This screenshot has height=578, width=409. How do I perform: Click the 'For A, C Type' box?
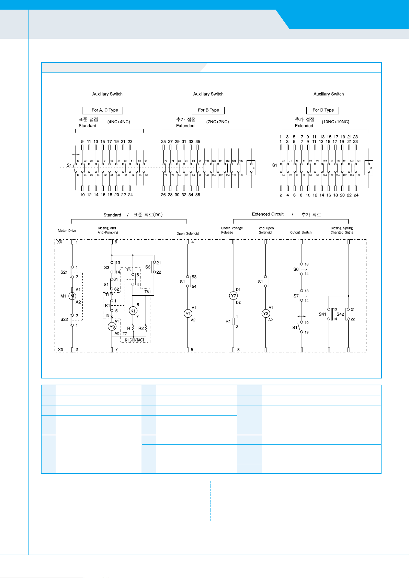(x=102, y=110)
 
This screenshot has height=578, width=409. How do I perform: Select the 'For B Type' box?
(x=208, y=110)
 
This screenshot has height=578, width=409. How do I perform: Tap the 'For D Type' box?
(x=323, y=110)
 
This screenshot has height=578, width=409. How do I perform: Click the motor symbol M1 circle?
(x=72, y=296)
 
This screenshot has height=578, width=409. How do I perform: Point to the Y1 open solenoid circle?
(x=188, y=314)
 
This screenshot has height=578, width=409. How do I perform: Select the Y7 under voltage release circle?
(x=233, y=296)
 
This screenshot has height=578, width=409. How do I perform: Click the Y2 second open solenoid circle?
(x=265, y=314)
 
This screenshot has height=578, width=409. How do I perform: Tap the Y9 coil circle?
(x=112, y=327)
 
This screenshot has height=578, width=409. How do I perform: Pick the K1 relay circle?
(x=133, y=311)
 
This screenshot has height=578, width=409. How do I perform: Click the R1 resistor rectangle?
(x=233, y=321)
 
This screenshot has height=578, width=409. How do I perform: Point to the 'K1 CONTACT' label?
(x=135, y=340)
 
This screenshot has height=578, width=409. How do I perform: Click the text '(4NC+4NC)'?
(x=118, y=122)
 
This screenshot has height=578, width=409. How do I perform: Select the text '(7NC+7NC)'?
(x=217, y=122)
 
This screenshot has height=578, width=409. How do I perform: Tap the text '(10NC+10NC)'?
(x=336, y=122)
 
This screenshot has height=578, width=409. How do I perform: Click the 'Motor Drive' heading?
(x=67, y=231)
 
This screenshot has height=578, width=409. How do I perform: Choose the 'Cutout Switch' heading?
(x=301, y=233)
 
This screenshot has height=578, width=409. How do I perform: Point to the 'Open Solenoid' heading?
(x=188, y=234)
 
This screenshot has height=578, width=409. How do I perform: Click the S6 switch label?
(x=296, y=269)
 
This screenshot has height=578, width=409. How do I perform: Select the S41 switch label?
(x=322, y=314)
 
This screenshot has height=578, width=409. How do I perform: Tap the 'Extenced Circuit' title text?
(x=268, y=214)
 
